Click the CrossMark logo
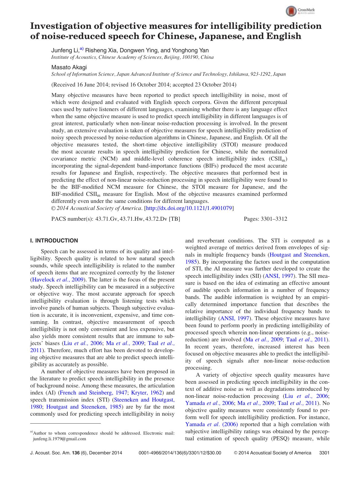point(300,11)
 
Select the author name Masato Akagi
point(69,67)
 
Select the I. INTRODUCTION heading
point(54,240)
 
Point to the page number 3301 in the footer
point(324,453)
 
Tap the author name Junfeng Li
point(65,51)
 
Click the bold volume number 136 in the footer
point(76,453)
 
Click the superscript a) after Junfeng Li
point(81,49)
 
